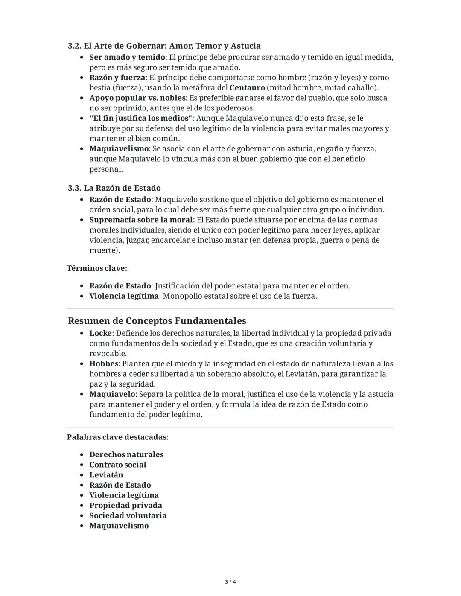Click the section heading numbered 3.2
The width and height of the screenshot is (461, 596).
(x=164, y=46)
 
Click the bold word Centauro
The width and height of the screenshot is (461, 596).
(x=247, y=88)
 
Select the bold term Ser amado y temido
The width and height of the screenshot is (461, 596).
(x=127, y=57)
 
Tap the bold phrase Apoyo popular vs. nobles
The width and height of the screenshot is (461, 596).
(x=137, y=98)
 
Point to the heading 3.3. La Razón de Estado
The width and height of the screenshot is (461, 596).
(x=114, y=188)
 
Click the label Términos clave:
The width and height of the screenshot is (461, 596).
(x=97, y=268)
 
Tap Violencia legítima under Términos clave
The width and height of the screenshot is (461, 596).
(x=124, y=296)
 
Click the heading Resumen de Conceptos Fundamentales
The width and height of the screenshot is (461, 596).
(x=157, y=321)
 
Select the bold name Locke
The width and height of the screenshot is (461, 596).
(x=100, y=333)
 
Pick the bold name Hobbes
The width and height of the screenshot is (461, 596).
(x=104, y=364)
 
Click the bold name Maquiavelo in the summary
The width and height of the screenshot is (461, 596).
(x=112, y=394)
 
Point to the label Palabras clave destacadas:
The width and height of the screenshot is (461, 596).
(x=117, y=437)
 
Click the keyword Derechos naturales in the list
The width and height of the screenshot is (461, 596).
(x=126, y=455)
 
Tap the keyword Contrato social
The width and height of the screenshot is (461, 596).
(x=118, y=465)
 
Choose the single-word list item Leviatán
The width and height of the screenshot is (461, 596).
(x=106, y=475)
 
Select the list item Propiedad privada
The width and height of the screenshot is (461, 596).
(x=125, y=506)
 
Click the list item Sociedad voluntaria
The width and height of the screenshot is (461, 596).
(x=128, y=516)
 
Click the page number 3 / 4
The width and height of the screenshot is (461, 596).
(x=230, y=582)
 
